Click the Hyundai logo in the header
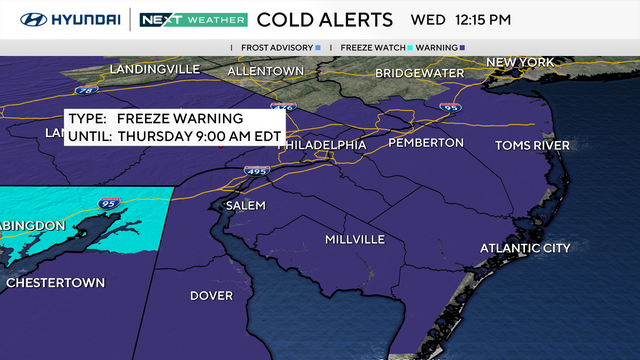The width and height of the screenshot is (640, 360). [62, 19]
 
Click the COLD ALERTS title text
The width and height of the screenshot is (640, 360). [326, 19]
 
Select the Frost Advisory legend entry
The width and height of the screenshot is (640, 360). [279, 47]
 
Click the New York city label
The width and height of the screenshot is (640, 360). [520, 62]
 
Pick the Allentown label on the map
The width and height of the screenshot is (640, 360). [265, 71]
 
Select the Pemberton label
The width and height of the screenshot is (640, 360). [428, 143]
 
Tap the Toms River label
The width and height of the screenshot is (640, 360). [532, 145]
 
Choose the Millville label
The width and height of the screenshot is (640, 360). [355, 240]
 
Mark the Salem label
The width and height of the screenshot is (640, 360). [246, 205]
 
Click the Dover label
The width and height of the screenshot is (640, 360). [212, 296]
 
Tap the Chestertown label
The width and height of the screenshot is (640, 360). [55, 283]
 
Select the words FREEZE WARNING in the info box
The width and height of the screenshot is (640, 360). [189, 117]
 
